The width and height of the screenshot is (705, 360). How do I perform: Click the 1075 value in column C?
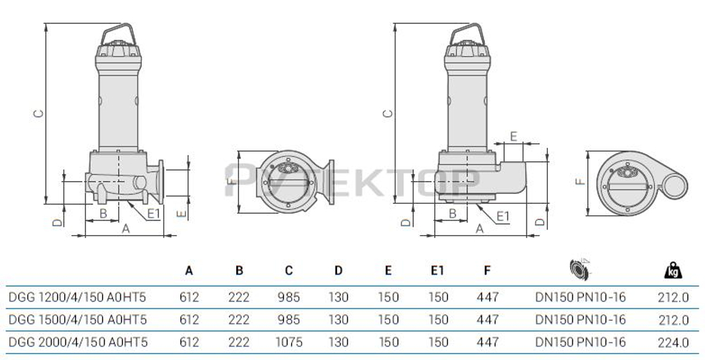coord(288,342)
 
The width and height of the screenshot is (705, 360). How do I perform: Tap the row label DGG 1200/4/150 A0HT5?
coord(77,297)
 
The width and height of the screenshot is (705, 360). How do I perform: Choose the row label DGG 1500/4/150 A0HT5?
coord(77,319)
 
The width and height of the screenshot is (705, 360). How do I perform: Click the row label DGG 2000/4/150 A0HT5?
coord(77,342)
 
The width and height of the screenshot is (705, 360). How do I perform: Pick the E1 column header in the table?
coord(438,271)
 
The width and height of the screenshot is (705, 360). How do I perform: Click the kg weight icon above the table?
coord(672,270)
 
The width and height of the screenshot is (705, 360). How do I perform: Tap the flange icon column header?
coord(580,268)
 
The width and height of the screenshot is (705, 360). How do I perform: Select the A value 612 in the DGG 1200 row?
coord(189,297)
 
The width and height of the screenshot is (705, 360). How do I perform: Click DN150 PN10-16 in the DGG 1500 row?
coord(580,319)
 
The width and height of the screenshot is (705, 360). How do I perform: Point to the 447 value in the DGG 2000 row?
coord(487,342)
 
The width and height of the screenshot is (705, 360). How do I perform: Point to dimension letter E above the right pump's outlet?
coord(513,135)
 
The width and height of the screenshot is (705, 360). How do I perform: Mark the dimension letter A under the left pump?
coord(125,228)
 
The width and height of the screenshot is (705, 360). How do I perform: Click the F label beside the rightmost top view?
coord(579,181)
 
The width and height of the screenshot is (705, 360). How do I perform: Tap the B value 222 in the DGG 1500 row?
coord(239,319)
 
